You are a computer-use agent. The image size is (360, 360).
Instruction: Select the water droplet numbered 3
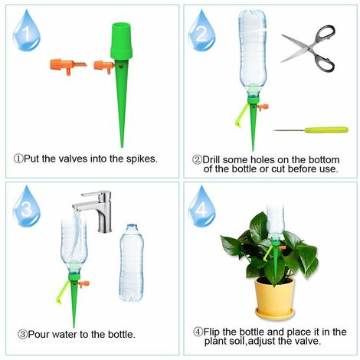[26, 207]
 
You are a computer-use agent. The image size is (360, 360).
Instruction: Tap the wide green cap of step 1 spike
[123, 44]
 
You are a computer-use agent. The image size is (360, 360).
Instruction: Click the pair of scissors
[309, 47]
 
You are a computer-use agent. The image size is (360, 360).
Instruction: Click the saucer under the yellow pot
[274, 314]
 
